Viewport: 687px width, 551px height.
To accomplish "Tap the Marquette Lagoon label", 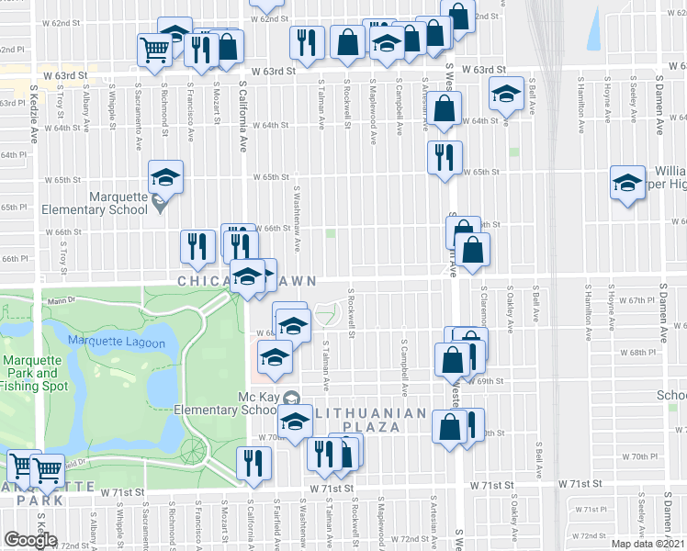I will (x=118, y=343).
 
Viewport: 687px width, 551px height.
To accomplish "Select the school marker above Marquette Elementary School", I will (x=165, y=176).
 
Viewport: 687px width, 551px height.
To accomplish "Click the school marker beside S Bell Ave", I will (x=504, y=95).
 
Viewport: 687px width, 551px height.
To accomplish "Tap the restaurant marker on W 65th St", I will (x=442, y=156).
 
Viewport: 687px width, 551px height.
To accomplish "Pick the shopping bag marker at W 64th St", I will (x=445, y=108).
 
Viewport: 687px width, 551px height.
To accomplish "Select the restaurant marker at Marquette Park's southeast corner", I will (x=250, y=464).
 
